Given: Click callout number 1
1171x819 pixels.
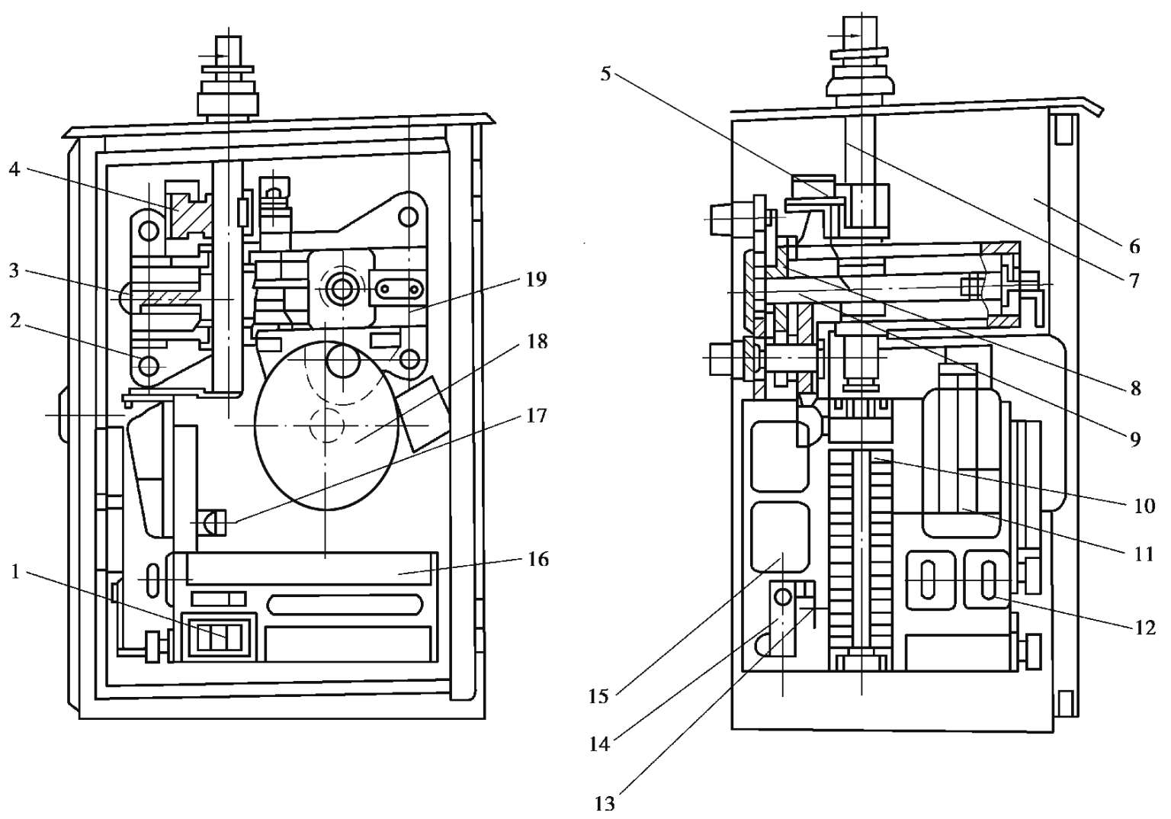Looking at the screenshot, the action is [x=15, y=572].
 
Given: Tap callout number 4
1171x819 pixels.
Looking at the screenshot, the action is [x=14, y=170].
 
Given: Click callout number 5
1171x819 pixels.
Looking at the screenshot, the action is [x=605, y=74].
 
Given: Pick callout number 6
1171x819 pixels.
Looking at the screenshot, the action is [x=1134, y=246].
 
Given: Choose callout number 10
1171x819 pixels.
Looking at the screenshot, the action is [x=1144, y=506].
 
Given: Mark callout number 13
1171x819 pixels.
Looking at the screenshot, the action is [x=605, y=804].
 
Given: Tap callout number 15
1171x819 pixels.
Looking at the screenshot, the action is [x=598, y=697].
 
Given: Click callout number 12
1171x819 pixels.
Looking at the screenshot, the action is [x=1144, y=627].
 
